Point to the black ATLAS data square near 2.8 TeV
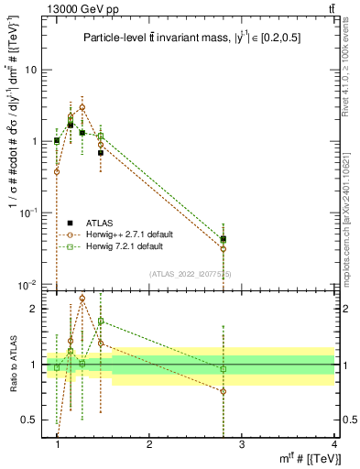coord(224,239)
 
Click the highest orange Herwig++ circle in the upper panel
coord(82,107)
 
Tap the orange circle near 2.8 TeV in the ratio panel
coord(224,391)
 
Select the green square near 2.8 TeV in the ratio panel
coord(224,369)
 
